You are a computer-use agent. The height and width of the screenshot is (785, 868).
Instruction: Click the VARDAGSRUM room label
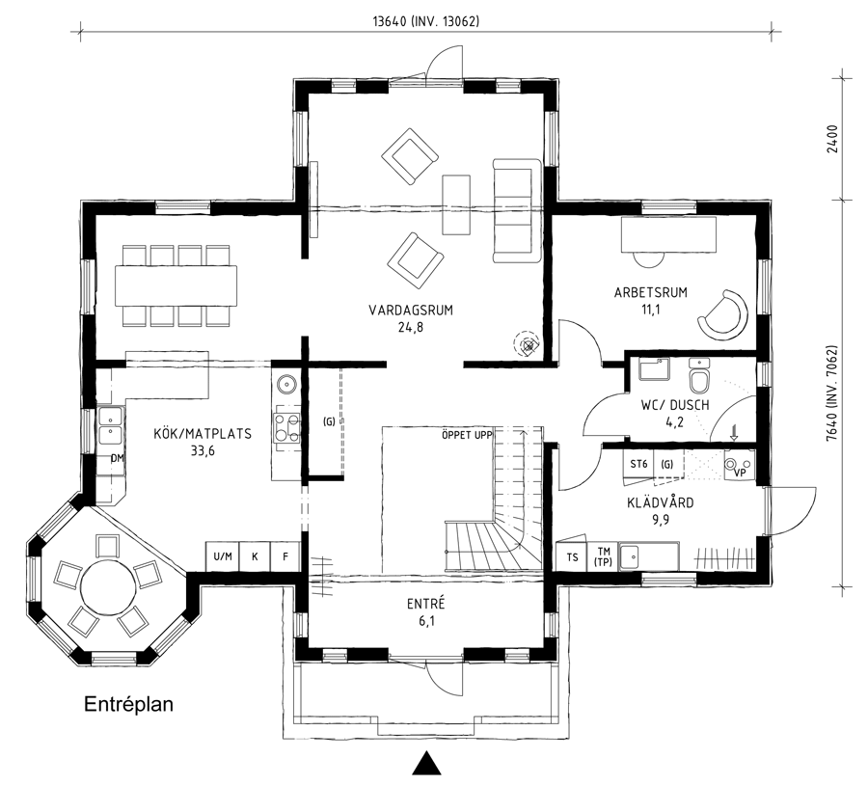pos(411,310)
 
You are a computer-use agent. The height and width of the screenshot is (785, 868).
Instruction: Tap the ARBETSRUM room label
pos(650,292)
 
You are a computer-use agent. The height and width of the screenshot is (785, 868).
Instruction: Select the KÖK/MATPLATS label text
pos(203,433)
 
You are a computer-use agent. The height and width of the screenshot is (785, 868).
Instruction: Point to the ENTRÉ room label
pos(425,604)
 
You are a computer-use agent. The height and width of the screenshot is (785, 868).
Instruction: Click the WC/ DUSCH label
pos(675,405)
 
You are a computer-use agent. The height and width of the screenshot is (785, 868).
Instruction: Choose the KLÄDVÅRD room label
pos(661,502)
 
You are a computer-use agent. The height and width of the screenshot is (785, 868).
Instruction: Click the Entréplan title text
pos(128,704)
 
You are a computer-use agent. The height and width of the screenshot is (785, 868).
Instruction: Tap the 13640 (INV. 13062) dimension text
pos(425,21)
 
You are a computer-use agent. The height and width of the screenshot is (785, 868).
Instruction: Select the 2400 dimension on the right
pos(832,139)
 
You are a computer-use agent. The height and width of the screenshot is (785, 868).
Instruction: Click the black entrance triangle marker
pos(426,764)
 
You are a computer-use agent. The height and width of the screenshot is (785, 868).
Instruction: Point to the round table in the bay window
pos(108,587)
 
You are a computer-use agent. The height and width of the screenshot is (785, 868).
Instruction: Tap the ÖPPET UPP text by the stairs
pos(467,435)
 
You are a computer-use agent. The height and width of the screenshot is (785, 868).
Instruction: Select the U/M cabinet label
pos(223,556)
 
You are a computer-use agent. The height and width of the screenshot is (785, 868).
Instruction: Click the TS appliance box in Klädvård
pos(572,556)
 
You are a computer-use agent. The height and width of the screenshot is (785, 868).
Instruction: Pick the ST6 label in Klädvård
pos(638,464)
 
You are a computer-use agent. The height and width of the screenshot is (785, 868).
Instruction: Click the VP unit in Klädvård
pos(740,465)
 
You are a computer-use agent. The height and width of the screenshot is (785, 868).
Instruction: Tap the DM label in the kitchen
pos(117,458)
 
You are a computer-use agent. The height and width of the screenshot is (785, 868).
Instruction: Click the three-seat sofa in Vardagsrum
pos(517,210)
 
